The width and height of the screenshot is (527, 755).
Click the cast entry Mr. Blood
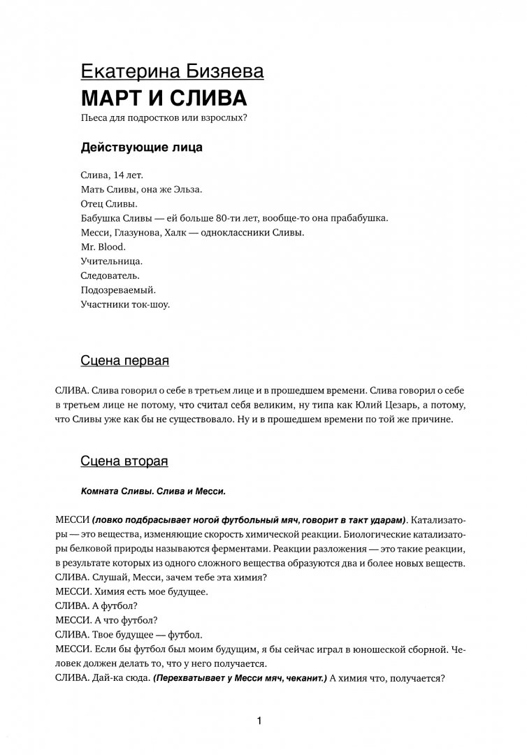click(x=103, y=247)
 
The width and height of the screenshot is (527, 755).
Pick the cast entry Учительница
click(x=112, y=261)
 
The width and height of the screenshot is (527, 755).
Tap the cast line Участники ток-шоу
click(x=126, y=305)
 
